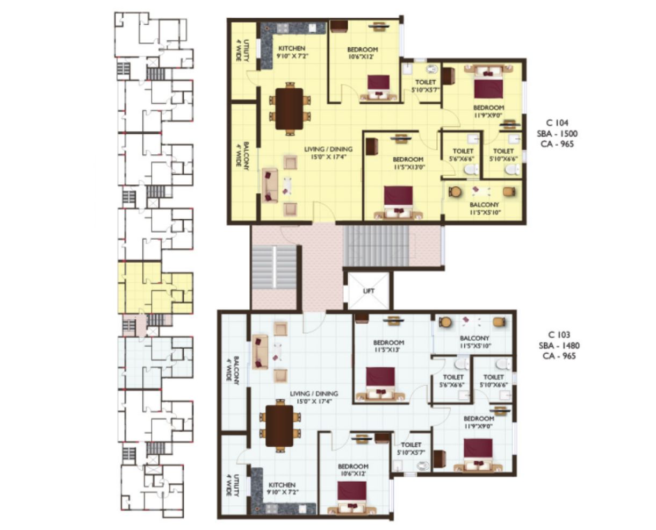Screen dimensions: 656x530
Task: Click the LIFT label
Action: [x=369, y=291]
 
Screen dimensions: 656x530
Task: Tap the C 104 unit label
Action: [x=557, y=123]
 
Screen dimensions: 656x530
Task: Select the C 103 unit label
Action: [x=559, y=335]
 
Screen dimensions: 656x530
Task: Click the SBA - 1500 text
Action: [x=557, y=133]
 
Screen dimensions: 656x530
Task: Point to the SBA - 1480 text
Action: [x=559, y=346]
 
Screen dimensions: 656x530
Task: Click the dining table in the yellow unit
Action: [x=289, y=109]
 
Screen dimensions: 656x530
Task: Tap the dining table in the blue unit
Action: [x=279, y=426]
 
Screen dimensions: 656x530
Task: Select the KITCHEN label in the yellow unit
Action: [x=292, y=48]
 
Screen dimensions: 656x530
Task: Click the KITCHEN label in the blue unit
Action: [x=282, y=485]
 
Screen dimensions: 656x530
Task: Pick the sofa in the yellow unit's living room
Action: [x=270, y=185]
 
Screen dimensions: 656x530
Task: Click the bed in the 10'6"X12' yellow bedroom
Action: [x=378, y=88]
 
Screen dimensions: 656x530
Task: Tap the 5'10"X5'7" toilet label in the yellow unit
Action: [x=426, y=86]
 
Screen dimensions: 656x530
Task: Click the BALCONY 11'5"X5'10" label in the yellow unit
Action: [x=485, y=209]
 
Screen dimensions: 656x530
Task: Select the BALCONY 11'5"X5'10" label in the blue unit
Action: [x=475, y=342]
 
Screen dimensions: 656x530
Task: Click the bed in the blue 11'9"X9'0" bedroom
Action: [x=478, y=455]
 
